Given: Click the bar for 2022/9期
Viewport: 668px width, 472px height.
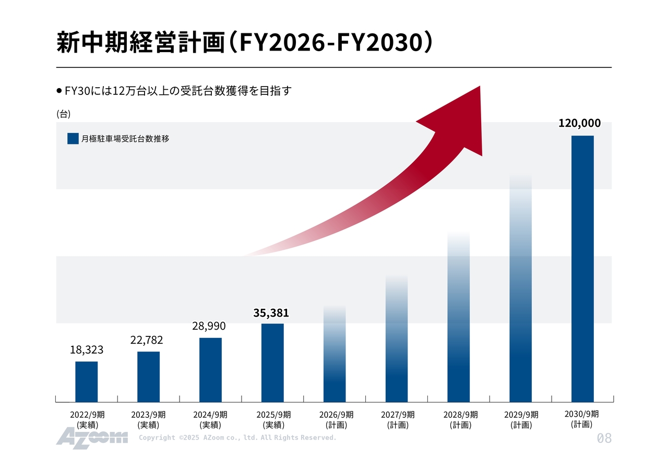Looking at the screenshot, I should click(86, 381).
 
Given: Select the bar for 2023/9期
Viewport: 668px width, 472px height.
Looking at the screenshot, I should click(148, 377).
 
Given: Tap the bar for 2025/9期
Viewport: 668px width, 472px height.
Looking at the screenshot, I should click(272, 362).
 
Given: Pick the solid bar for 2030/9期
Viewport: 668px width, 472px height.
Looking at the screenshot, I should click(582, 269).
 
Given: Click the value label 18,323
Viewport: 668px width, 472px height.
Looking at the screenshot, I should click(87, 350).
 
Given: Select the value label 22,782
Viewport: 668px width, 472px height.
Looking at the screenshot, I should click(147, 340).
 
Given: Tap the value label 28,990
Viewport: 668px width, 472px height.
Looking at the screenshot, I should click(209, 326).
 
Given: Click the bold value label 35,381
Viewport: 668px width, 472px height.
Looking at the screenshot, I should click(271, 313).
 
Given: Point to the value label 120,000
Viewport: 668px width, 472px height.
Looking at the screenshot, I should click(579, 123).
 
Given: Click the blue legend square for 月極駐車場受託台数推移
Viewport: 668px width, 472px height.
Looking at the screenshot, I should click(73, 139).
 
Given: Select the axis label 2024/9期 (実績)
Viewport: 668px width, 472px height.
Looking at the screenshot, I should click(210, 420).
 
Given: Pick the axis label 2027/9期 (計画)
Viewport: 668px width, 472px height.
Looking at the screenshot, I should click(398, 420).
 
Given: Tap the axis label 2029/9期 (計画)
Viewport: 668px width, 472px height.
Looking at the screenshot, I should click(521, 420).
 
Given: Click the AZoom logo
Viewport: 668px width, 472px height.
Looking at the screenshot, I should click(92, 437).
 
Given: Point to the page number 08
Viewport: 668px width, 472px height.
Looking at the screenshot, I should click(604, 439).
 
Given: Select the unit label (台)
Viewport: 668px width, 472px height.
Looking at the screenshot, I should click(63, 114).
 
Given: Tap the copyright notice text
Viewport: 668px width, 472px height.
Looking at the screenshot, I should click(237, 438).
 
